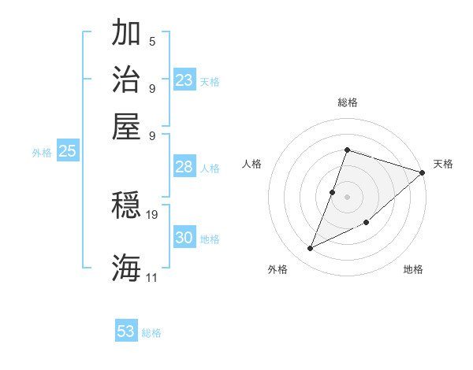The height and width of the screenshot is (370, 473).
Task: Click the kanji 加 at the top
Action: [x=126, y=34]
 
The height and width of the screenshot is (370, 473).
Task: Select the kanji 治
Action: [x=126, y=80]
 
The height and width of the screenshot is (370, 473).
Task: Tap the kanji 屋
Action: [x=126, y=125]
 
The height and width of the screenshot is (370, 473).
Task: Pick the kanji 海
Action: [x=126, y=267]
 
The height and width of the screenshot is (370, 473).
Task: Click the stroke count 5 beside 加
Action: [x=152, y=42]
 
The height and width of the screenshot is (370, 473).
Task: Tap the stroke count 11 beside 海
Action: [x=152, y=277]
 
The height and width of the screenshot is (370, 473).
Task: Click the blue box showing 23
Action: [x=184, y=80]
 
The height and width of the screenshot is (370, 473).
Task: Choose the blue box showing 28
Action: [x=184, y=167]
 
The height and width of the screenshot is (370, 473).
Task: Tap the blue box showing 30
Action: [x=184, y=238]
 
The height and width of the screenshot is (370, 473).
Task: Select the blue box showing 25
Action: [x=67, y=151]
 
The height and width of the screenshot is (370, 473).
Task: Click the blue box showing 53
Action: [x=126, y=331]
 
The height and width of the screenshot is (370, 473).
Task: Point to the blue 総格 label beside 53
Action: [x=151, y=333]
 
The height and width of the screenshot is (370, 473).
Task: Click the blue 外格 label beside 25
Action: [x=42, y=153]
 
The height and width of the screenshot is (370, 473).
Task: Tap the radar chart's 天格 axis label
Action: [x=443, y=164]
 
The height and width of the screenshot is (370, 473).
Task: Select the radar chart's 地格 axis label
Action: [x=413, y=269]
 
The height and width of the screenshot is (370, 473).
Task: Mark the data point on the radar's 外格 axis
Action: [x=311, y=249]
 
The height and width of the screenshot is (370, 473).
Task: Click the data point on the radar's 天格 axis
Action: [x=422, y=173]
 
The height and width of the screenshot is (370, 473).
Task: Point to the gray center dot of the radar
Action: [x=347, y=196]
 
